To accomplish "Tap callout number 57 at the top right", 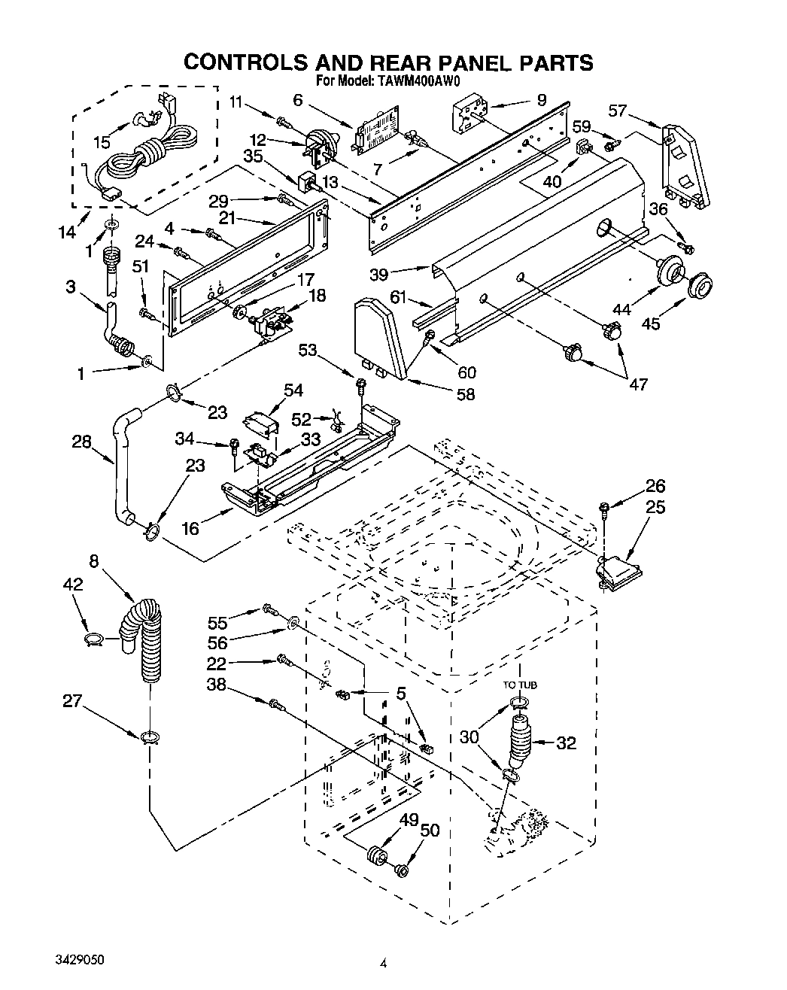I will pyautogui.click(x=617, y=111).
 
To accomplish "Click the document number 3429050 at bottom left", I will pyautogui.click(x=80, y=961).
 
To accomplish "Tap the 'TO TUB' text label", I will pyautogui.click(x=521, y=685).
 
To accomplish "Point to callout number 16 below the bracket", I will pyautogui.click(x=190, y=528).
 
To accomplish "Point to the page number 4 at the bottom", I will pyautogui.click(x=383, y=962).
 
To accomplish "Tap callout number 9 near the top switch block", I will pyautogui.click(x=542, y=99).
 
